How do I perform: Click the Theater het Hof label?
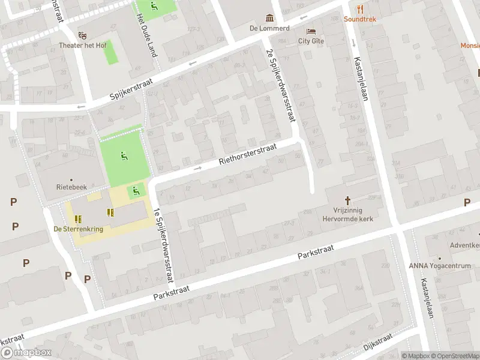(x=83, y=46)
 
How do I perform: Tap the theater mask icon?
(x=83, y=35)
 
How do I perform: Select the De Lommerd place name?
(x=270, y=28)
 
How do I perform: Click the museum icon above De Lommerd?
(x=270, y=17)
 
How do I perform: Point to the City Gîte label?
(x=310, y=41)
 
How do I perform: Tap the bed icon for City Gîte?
(x=310, y=31)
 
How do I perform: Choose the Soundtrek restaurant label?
(x=360, y=19)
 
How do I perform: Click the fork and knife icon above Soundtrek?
(x=360, y=8)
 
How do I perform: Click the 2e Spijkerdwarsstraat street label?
(x=281, y=86)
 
